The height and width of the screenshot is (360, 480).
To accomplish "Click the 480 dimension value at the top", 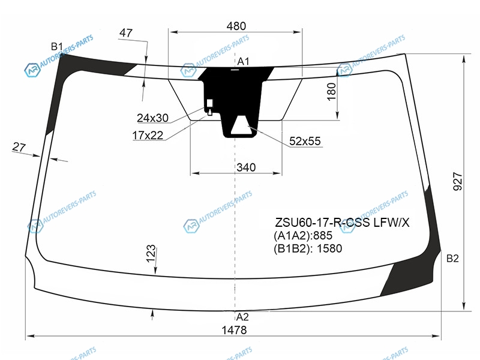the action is tap(236, 26).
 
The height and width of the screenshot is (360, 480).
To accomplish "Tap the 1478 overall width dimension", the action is tap(234, 330).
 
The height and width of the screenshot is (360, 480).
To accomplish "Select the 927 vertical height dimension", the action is tap(457, 182).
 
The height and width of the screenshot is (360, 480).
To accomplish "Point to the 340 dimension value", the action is tap(246, 167).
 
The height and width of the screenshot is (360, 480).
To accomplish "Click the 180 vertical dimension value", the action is tap(332, 92).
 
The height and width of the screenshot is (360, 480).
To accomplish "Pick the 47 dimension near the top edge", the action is tap(126, 33).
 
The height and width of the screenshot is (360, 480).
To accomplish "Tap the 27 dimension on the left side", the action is tap(19, 147).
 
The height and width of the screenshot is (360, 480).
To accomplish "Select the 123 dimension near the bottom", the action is tap(151, 254).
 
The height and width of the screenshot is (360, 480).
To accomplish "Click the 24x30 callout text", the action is tap(152, 118).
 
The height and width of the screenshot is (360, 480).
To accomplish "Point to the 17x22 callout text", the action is tap(148, 135).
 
